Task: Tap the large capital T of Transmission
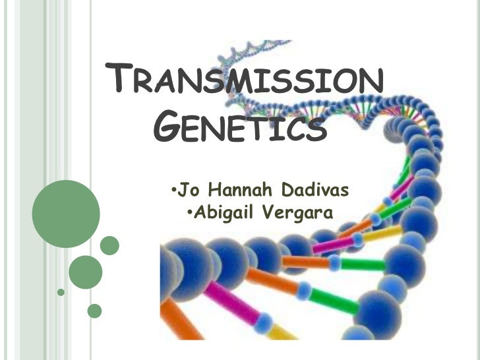coord(119,81)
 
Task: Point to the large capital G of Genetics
coord(170,125)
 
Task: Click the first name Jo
coord(189,191)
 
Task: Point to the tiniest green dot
coord(61,291)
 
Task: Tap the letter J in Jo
coord(183,191)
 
